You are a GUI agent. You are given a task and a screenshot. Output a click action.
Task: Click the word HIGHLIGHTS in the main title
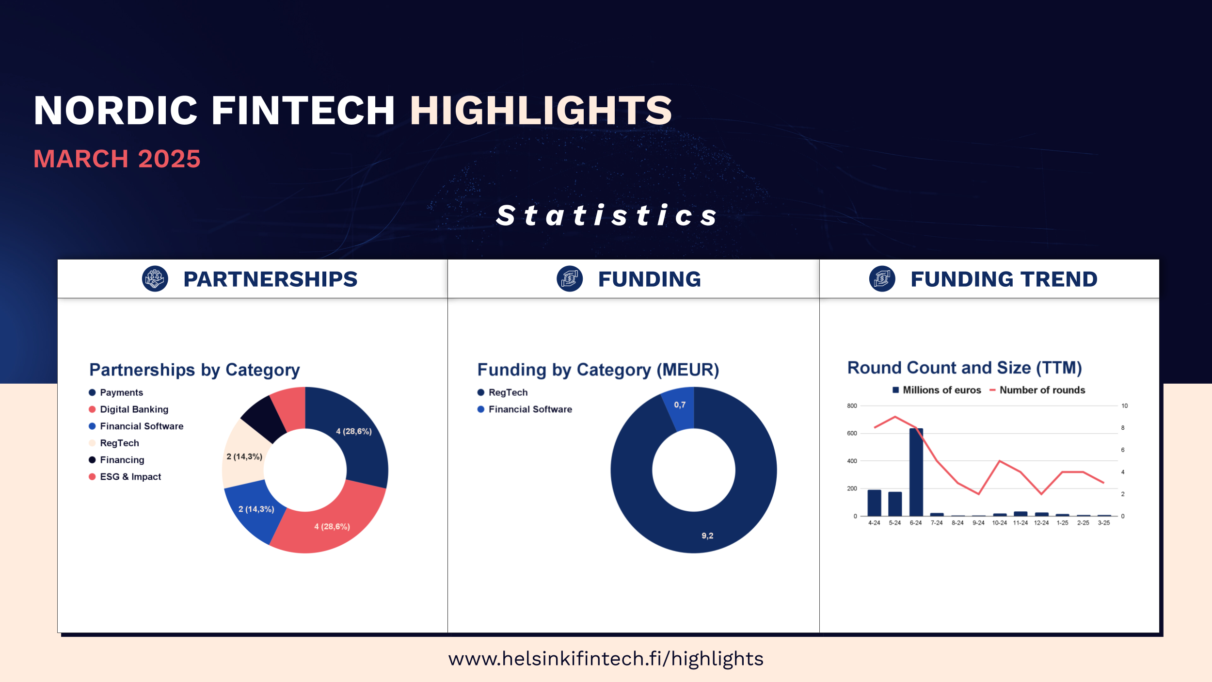pos(541,110)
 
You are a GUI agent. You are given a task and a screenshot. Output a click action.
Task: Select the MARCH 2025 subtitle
pos(117,159)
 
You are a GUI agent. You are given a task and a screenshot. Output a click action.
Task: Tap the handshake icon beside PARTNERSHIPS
pos(155,279)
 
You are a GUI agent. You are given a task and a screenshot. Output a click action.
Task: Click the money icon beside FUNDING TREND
pos(882,279)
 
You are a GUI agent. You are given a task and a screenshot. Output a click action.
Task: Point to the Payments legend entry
pos(116,392)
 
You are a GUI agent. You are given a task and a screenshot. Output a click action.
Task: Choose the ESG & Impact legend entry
pos(125,477)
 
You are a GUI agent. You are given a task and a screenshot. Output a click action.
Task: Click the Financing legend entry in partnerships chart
pos(116,460)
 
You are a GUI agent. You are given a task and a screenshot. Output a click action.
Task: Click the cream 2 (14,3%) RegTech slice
pos(245,456)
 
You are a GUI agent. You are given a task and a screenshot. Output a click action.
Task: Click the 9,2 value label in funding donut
pos(707,536)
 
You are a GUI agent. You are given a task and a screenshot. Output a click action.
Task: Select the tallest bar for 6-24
pos(916,472)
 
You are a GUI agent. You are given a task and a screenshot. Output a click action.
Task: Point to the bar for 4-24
pos(874,503)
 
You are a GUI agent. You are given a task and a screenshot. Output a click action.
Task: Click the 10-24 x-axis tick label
pos(999,523)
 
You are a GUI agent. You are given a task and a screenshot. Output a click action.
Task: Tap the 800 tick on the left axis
pos(852,406)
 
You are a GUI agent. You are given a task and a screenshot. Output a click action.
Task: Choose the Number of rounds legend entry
pos(1037,390)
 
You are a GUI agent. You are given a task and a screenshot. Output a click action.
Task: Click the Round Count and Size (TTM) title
pos(965,368)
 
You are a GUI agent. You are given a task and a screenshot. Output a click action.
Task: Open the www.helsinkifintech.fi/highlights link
pos(606,659)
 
